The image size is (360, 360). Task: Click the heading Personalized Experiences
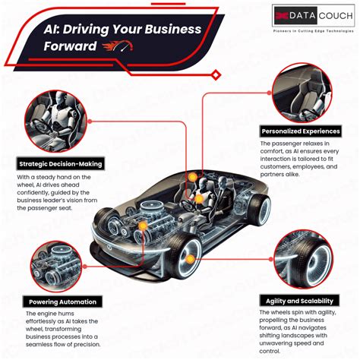point(299,131)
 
